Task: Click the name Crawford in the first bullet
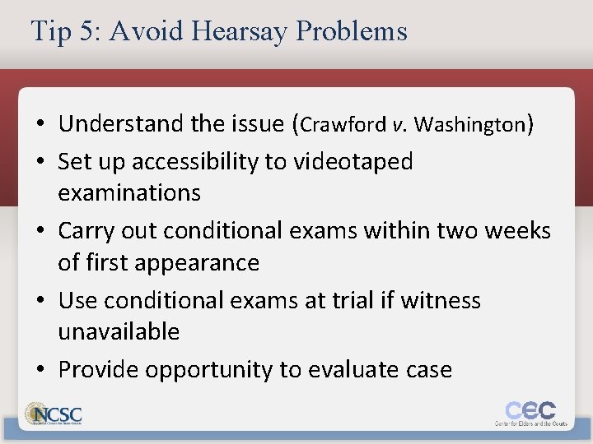coord(345,124)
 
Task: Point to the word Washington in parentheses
coord(469,124)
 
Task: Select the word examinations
coord(129,193)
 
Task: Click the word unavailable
coord(119,331)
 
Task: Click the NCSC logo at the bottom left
coord(54,413)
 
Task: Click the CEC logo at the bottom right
coord(530,412)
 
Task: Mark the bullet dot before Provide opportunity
coord(40,370)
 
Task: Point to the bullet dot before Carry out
coord(40,231)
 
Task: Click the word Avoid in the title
coord(143,31)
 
